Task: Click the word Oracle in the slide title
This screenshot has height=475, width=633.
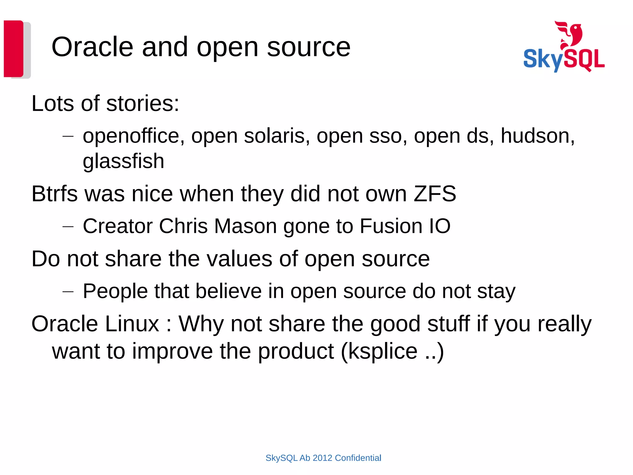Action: click(x=92, y=47)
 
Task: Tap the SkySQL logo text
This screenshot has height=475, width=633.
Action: click(x=564, y=59)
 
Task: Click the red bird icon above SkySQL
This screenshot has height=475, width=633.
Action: click(x=569, y=34)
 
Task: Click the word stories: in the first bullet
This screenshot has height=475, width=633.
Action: click(x=142, y=103)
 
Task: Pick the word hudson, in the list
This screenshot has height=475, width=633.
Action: click(x=537, y=136)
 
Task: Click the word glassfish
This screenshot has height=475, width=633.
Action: click(x=123, y=161)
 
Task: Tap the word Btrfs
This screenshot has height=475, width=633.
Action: click(x=54, y=194)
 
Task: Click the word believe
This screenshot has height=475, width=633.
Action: click(x=228, y=291)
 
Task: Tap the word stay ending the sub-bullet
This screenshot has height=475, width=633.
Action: click(x=496, y=292)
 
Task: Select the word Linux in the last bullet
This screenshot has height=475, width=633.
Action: click(x=132, y=324)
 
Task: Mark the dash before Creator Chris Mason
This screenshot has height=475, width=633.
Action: click(x=68, y=227)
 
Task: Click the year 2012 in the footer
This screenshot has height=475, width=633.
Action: click(x=322, y=458)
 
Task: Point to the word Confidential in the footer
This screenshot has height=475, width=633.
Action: click(x=358, y=458)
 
